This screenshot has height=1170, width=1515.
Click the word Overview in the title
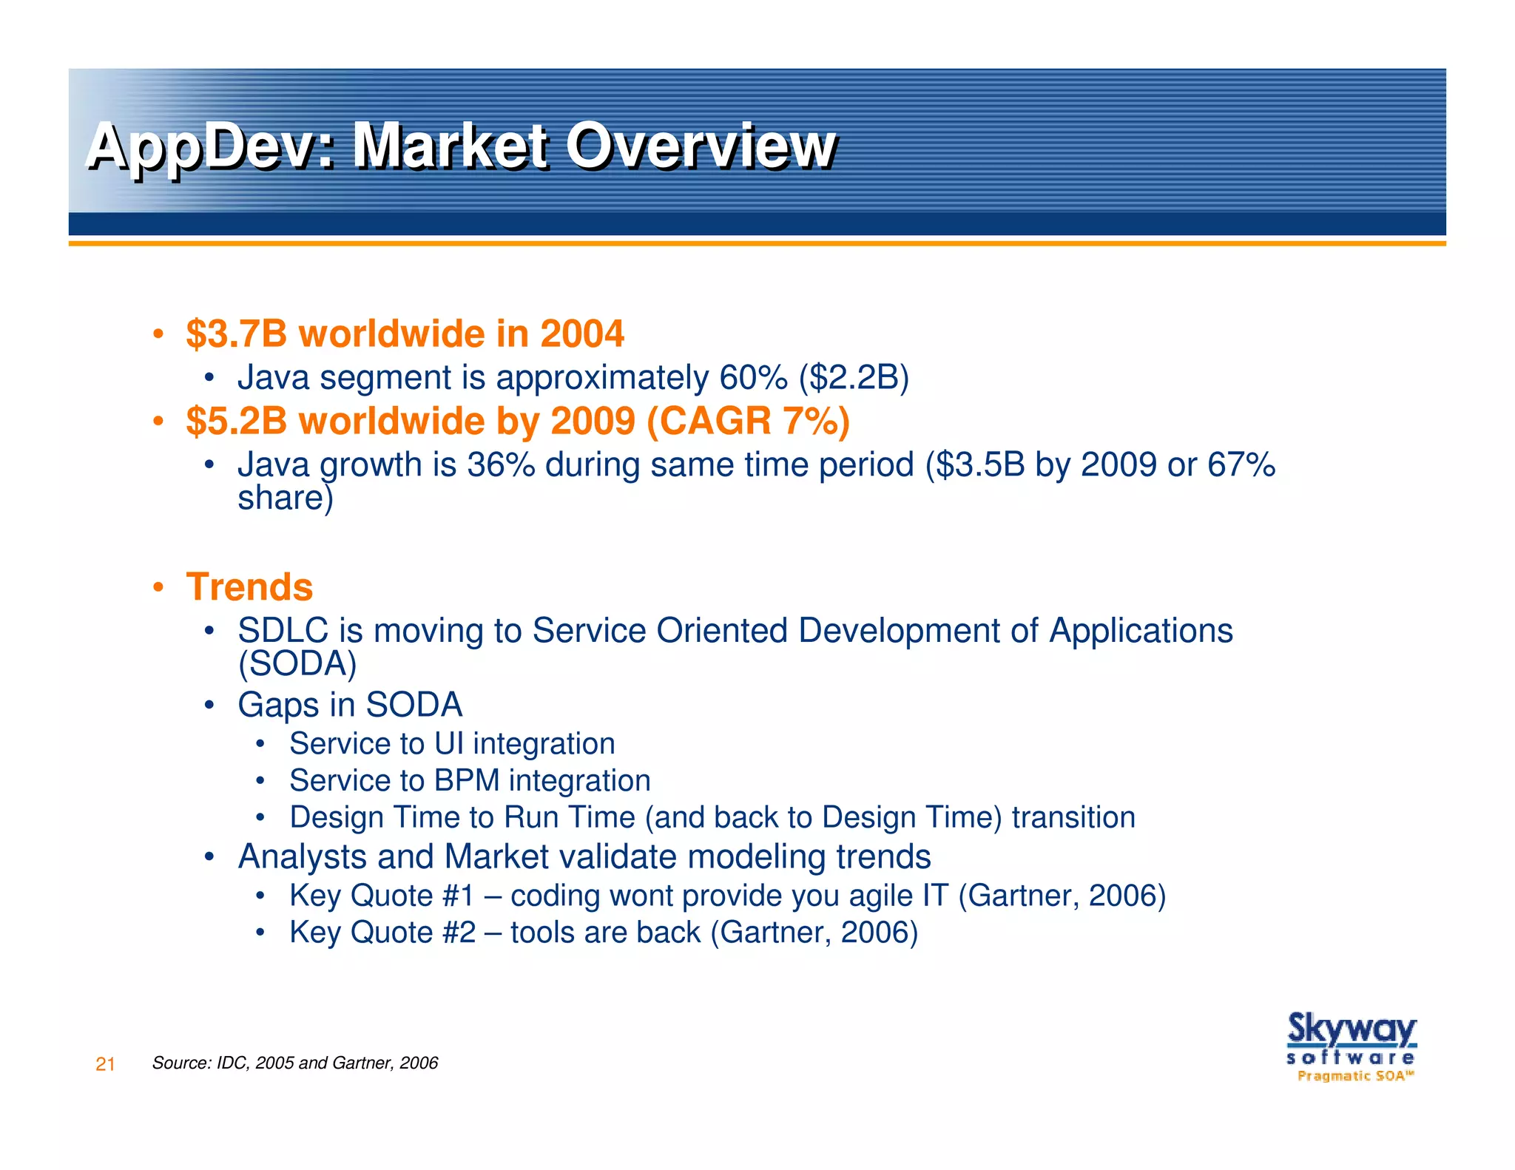[x=701, y=146]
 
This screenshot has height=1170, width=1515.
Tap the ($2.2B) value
[x=854, y=378]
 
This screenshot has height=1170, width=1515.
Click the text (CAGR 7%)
[x=748, y=421]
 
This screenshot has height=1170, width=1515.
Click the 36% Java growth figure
[x=501, y=464]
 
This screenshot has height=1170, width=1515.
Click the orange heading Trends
[x=249, y=587]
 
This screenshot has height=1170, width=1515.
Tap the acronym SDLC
[x=283, y=631]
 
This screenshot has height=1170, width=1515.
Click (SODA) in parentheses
[x=297, y=663]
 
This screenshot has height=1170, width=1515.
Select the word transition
[x=1073, y=817]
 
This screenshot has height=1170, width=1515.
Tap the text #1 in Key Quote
[x=458, y=896]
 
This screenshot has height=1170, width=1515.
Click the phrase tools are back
[x=605, y=933]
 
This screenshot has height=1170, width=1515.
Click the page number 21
[x=105, y=1064]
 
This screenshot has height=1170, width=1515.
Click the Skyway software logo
[x=1351, y=1046]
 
